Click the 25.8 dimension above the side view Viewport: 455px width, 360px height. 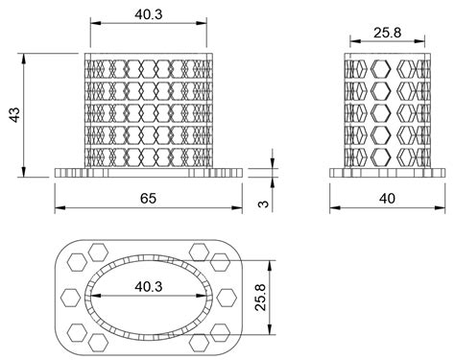387,34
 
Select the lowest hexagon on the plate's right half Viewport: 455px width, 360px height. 200,340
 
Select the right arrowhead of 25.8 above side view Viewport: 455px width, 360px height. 424,43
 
